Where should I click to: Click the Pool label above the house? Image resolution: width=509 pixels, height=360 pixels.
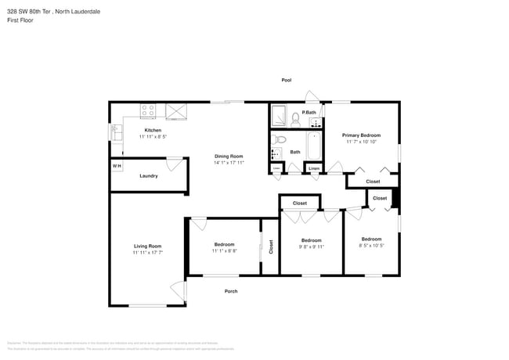point(287,80)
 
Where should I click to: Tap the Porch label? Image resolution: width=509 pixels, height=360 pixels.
point(231,291)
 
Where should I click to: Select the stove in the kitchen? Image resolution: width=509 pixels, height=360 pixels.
point(149,111)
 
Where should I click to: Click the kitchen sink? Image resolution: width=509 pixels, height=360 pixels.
point(116,134)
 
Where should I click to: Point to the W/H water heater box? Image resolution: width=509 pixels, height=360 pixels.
point(116,166)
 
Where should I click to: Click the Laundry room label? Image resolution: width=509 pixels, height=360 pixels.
point(149,176)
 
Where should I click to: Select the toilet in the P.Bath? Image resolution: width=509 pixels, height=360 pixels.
point(295,119)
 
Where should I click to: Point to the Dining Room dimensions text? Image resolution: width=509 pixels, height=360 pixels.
point(229,163)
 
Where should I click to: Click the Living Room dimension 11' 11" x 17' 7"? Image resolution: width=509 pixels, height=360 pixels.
point(147,253)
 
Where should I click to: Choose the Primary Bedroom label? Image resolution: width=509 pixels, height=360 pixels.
point(361,135)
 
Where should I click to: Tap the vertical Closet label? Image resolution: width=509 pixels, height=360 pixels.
point(271,247)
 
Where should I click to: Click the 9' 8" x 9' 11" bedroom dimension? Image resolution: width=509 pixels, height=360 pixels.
point(311,247)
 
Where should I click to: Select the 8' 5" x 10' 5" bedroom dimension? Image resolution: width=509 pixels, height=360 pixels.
point(371,245)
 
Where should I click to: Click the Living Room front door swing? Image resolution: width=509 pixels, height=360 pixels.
point(179,290)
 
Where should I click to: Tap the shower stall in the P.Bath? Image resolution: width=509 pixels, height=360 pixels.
point(279,117)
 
